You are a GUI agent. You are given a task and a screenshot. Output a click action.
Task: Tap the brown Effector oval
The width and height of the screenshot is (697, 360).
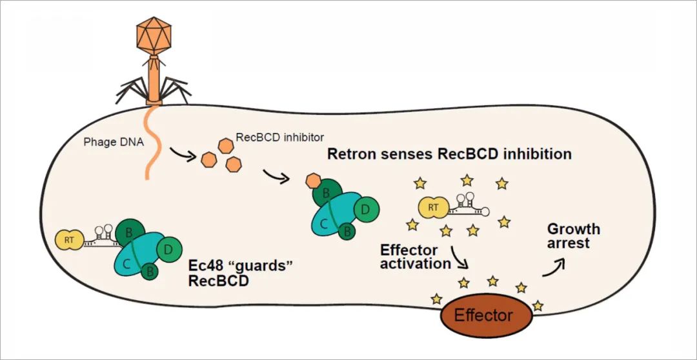point(483,315)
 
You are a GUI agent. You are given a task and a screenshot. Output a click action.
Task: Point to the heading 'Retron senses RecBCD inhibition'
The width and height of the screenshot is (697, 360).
point(449,155)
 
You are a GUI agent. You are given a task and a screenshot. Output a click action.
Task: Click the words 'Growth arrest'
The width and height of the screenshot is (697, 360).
point(573,236)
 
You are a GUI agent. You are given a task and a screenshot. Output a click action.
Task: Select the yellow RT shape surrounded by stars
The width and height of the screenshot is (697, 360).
point(434,207)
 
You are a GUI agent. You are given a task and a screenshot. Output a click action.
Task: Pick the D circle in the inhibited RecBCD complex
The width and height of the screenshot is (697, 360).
point(365,209)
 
